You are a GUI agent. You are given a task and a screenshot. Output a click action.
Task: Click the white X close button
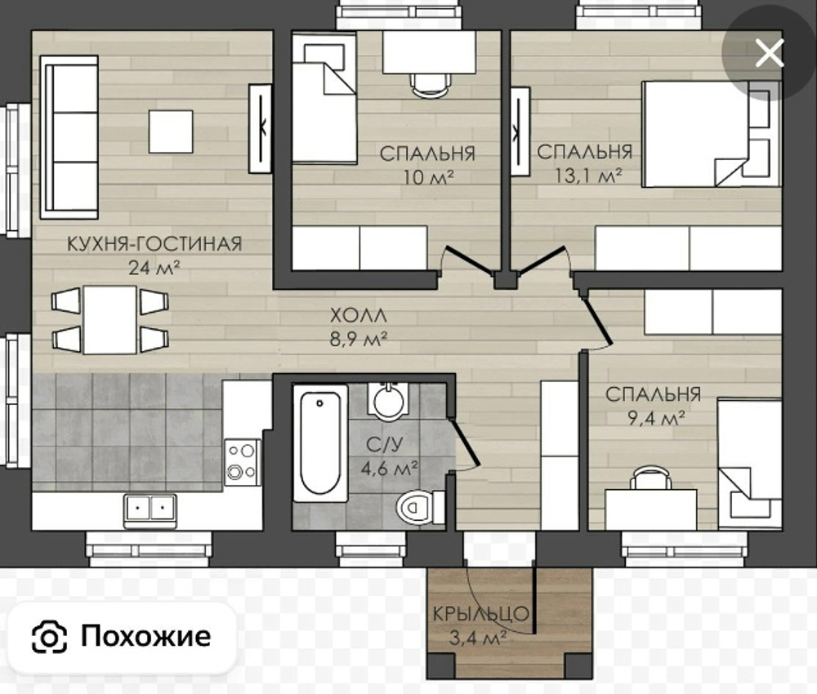click(769, 54)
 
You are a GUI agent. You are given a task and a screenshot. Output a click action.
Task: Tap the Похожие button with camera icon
click(121, 636)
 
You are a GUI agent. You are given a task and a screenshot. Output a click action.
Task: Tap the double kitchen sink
click(150, 510)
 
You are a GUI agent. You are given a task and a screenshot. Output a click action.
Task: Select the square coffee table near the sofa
click(171, 131)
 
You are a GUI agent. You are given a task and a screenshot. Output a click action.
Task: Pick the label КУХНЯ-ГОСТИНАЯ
click(154, 244)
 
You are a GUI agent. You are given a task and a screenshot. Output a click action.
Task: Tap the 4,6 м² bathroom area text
click(390, 468)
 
